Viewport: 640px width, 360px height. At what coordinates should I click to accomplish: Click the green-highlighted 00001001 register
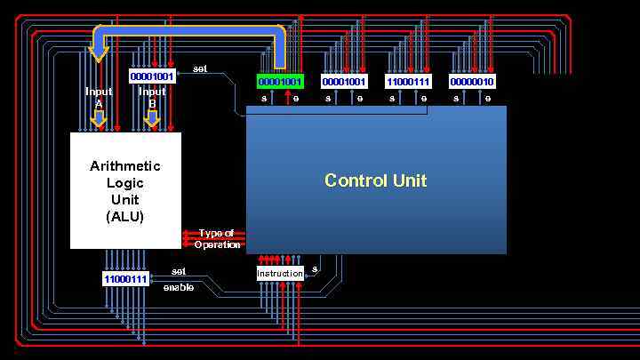click(x=280, y=82)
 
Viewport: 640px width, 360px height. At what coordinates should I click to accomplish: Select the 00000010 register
click(x=472, y=82)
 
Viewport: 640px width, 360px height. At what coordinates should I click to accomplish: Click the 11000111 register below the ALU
click(x=125, y=279)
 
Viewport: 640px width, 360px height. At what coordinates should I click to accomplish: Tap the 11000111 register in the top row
click(x=408, y=82)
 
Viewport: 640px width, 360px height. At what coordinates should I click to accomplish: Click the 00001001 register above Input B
click(x=152, y=76)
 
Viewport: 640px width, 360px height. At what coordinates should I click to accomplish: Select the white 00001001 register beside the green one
click(x=344, y=82)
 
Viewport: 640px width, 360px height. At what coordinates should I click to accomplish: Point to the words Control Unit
click(x=375, y=180)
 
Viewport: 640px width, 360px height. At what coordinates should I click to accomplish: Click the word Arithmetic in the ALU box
click(x=125, y=166)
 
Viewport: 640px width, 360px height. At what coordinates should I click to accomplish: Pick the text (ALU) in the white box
click(x=125, y=216)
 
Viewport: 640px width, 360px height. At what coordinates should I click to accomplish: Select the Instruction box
click(x=280, y=273)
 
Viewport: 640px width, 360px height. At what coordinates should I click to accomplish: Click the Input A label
click(x=99, y=97)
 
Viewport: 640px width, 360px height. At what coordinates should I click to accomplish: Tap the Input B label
click(x=152, y=97)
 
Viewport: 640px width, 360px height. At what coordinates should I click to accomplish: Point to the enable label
click(x=178, y=287)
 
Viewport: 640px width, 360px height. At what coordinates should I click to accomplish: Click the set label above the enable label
click(x=179, y=271)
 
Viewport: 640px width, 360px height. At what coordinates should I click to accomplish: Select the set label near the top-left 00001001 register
click(x=200, y=68)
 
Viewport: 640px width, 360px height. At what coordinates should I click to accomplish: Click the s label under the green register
click(x=264, y=99)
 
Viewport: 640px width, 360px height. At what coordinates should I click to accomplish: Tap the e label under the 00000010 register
click(x=488, y=99)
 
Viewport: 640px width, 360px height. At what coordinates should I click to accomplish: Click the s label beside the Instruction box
click(x=315, y=268)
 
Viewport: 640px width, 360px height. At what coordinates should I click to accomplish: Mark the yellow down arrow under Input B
click(x=152, y=117)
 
